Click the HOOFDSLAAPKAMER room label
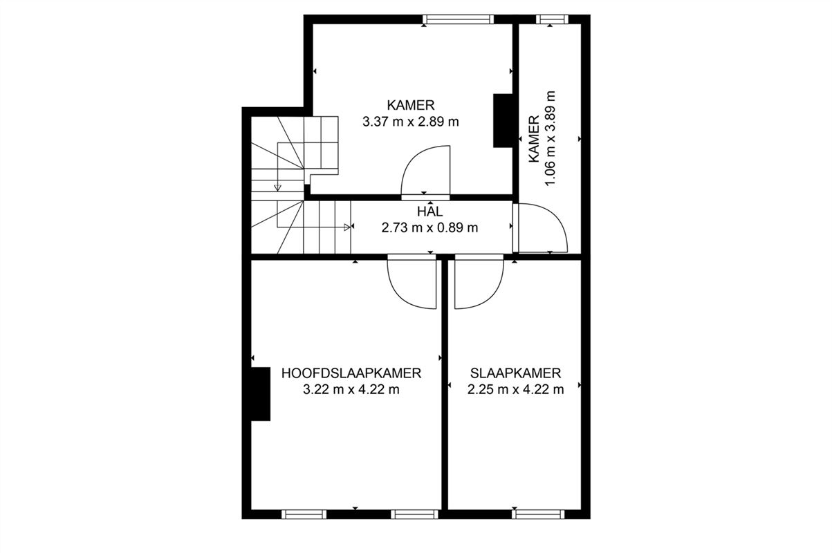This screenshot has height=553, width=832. [351, 373]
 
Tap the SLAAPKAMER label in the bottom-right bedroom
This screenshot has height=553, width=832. [515, 373]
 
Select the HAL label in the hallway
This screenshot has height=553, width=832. [429, 212]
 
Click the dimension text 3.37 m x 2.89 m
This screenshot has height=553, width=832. [411, 122]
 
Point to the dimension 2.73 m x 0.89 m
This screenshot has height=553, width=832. [429, 227]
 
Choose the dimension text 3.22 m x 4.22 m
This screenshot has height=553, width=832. [351, 390]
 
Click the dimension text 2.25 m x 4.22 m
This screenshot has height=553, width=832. [515, 390]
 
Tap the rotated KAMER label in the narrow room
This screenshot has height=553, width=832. [534, 139]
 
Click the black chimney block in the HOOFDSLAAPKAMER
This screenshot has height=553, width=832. [261, 394]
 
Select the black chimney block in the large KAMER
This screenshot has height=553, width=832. [503, 120]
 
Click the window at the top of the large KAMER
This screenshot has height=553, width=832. [459, 19]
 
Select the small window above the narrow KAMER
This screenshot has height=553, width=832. [552, 19]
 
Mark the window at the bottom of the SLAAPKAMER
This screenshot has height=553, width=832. [538, 514]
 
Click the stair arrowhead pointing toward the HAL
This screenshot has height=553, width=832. [347, 227]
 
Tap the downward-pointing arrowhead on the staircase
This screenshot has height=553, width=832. [277, 188]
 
